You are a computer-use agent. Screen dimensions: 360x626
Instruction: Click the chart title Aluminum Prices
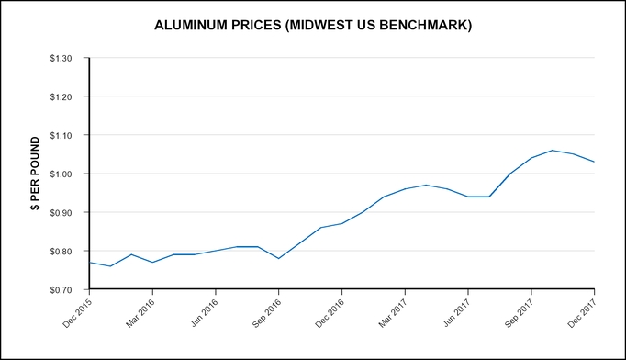(314, 26)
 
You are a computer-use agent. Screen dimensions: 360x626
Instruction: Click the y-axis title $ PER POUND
(35, 174)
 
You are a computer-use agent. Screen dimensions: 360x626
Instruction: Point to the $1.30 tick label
(66, 58)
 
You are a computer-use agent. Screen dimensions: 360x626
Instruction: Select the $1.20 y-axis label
(66, 96)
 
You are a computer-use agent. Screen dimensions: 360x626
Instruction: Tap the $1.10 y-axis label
(66, 135)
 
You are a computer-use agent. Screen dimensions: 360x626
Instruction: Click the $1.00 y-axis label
(66, 174)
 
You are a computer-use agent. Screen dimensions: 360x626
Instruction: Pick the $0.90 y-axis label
(66, 212)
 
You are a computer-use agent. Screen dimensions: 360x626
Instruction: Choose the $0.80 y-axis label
(66, 251)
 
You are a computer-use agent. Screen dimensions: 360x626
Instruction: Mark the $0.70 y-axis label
(66, 289)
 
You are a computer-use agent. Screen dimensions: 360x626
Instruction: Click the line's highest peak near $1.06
(553, 151)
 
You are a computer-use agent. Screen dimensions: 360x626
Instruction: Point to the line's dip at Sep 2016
(279, 258)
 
